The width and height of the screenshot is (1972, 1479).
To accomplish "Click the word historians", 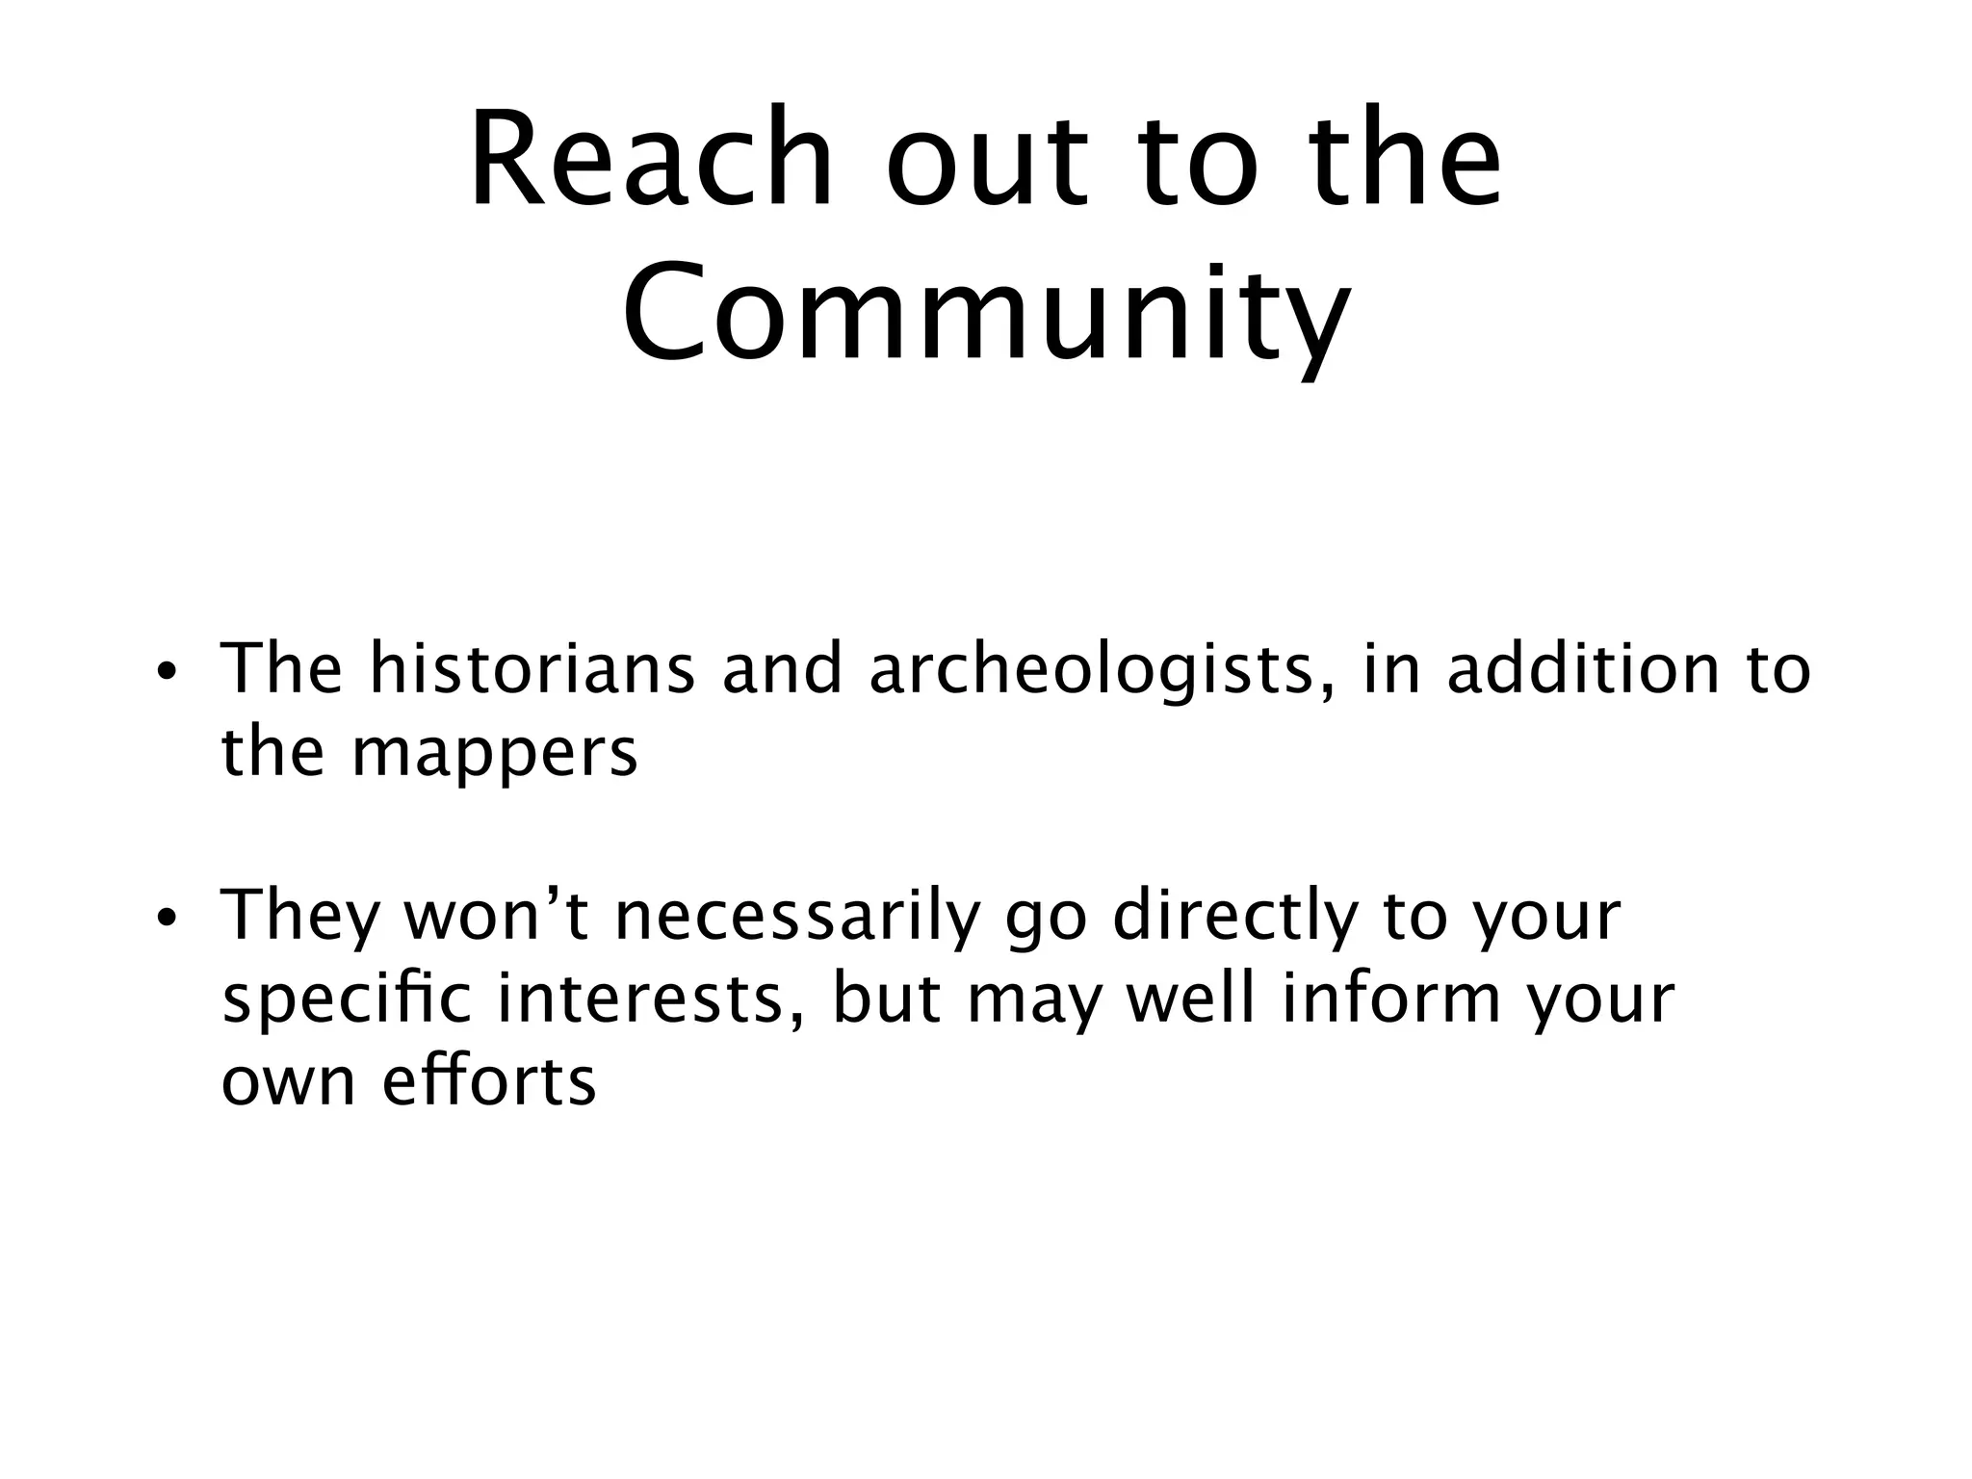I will click(x=532, y=669).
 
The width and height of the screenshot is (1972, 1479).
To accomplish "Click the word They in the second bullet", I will click(x=301, y=918).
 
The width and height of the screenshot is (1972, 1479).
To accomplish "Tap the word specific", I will click(x=347, y=1001).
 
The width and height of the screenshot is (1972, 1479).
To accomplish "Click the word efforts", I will click(x=489, y=1081).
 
